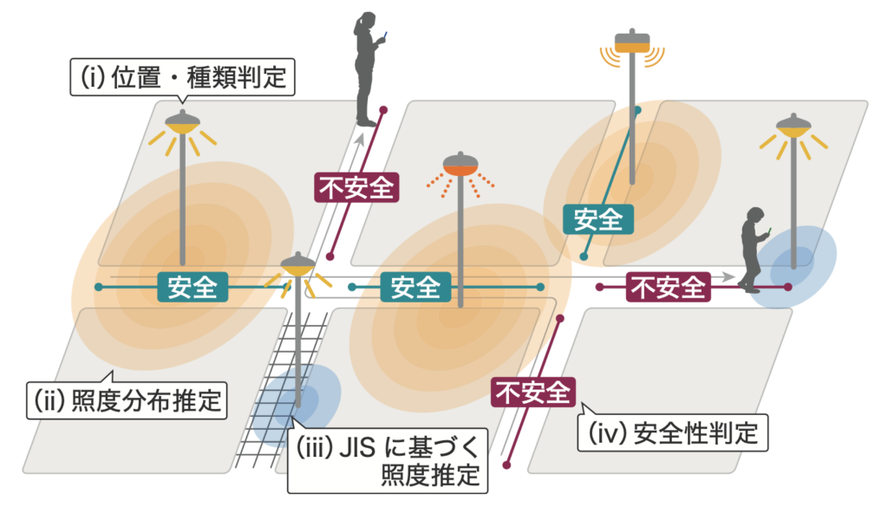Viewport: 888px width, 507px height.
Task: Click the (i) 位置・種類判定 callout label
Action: (182, 77)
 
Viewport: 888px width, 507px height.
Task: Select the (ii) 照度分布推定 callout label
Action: (127, 400)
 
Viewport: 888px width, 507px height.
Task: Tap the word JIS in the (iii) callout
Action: (356, 447)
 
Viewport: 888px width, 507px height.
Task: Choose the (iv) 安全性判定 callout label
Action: (673, 432)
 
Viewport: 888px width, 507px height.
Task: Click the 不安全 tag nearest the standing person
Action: (356, 187)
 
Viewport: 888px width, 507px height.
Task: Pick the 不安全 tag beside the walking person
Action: (669, 287)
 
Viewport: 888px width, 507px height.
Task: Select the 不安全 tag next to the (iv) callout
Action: (533, 392)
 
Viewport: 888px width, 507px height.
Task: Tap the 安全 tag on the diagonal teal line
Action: (598, 219)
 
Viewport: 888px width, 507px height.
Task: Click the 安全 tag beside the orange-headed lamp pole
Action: (415, 287)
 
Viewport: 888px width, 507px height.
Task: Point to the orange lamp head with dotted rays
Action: (460, 164)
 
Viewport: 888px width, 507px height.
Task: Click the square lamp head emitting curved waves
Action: (632, 42)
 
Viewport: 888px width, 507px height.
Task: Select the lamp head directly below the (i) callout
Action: (182, 123)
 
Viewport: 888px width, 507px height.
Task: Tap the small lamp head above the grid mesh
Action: (298, 265)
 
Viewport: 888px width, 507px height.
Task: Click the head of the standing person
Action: (367, 21)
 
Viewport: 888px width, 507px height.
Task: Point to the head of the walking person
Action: (755, 217)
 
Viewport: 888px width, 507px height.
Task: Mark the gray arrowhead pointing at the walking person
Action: (728, 277)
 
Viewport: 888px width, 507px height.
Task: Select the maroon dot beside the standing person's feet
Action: (383, 110)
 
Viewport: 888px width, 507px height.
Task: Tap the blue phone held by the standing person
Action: (385, 36)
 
